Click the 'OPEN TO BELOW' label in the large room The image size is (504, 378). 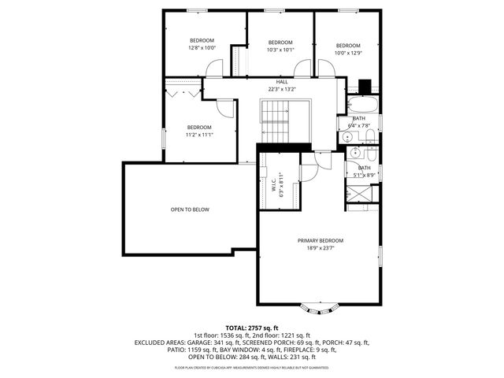click(x=190, y=210)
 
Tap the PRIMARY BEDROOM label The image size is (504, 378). click(x=320, y=240)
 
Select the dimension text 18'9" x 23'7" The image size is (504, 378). click(x=320, y=248)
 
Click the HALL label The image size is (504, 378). click(x=282, y=82)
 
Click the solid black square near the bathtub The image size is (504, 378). click(x=364, y=87)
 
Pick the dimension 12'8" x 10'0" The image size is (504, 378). click(x=202, y=48)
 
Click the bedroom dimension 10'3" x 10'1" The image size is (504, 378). click(x=280, y=50)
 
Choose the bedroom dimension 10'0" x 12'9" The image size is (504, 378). click(x=347, y=53)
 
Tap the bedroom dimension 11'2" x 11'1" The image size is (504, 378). click(x=199, y=135)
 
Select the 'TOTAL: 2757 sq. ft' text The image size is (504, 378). click(x=252, y=328)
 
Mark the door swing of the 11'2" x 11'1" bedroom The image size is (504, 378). click(x=226, y=109)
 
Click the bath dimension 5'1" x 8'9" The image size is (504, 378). click(x=364, y=175)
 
